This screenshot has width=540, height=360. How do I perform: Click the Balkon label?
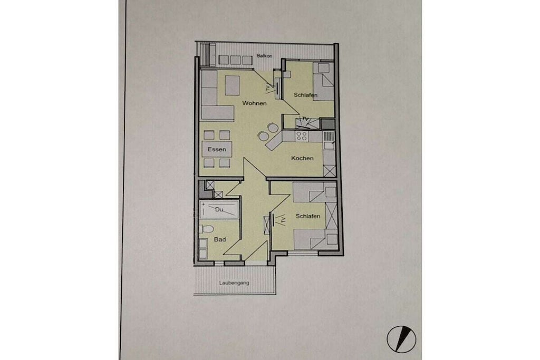click(265, 56)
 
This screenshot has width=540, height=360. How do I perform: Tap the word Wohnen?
click(254, 103)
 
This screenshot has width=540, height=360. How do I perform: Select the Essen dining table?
click(217, 149)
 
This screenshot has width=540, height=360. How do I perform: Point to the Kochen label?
click(302, 158)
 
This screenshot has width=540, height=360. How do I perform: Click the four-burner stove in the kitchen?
click(302, 136)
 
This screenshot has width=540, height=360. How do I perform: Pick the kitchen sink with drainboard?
click(330, 140)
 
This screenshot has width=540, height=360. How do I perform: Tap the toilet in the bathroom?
click(206, 229)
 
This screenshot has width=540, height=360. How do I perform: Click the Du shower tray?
click(219, 210)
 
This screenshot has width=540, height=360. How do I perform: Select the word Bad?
click(220, 239)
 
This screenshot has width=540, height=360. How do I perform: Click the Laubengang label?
click(234, 283)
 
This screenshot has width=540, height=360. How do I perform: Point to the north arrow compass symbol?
click(401, 339)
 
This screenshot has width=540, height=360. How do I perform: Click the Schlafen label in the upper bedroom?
click(305, 95)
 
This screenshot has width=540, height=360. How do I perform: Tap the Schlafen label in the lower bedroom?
click(308, 216)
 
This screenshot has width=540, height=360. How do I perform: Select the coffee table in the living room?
click(232, 85)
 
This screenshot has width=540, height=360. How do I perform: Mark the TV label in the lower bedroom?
click(283, 220)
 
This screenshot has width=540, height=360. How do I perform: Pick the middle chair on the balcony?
click(235, 60)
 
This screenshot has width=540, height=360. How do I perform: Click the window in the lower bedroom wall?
click(303, 254)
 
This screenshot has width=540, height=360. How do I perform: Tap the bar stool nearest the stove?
click(273, 128)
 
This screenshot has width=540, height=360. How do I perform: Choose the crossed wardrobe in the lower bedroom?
click(331, 215)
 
